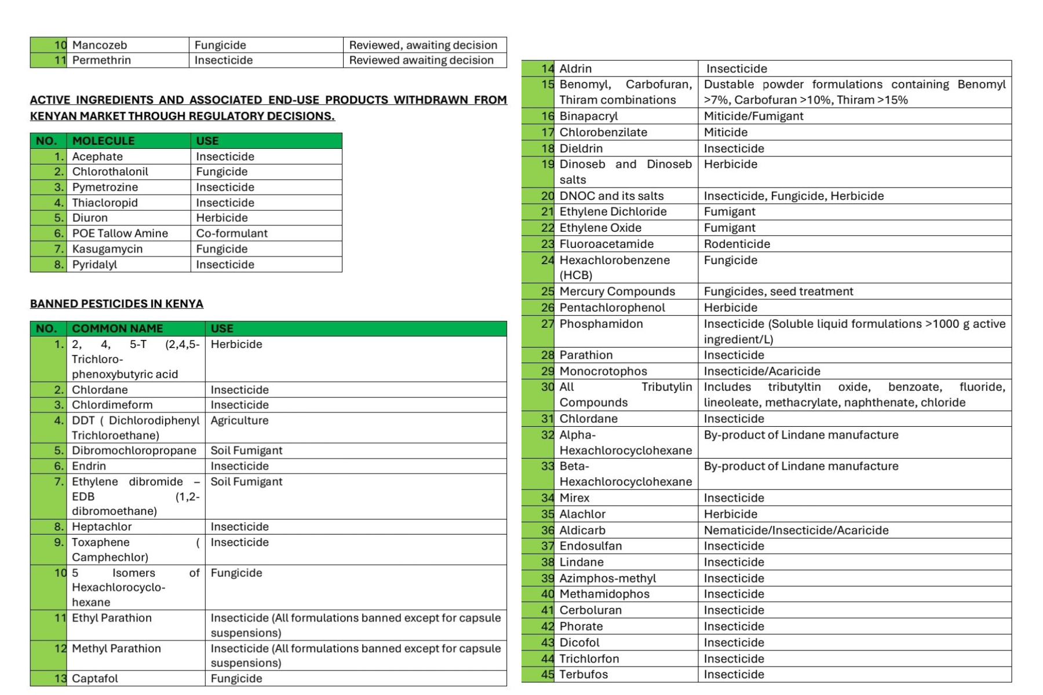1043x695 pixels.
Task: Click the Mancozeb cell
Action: click(x=99, y=45)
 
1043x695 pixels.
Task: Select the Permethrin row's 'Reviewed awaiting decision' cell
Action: click(x=421, y=60)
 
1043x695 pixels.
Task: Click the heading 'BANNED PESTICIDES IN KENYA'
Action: click(x=116, y=304)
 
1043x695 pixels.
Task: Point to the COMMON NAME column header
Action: click(x=117, y=328)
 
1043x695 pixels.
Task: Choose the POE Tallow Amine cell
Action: click(x=120, y=233)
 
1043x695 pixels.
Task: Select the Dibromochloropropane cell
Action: click(x=134, y=451)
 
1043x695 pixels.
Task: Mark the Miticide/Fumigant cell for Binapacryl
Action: click(x=753, y=116)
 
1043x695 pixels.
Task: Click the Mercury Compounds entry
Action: click(x=617, y=291)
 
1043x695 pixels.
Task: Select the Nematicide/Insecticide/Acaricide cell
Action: click(x=796, y=530)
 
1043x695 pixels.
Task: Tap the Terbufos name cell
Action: click(x=584, y=675)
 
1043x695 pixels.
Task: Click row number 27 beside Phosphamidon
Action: click(x=547, y=324)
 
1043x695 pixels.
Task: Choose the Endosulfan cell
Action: click(x=590, y=546)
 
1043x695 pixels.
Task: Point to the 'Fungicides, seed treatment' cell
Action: click(x=778, y=291)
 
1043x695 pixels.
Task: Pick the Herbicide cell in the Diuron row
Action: click(x=222, y=218)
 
